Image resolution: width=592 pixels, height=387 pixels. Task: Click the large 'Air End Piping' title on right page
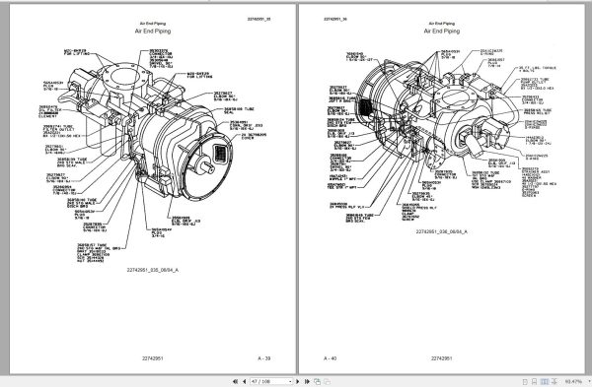(x=438, y=31)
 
